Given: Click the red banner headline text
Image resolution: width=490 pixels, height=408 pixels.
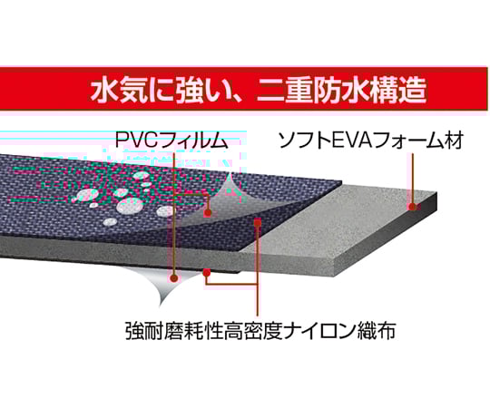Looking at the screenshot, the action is [259, 90].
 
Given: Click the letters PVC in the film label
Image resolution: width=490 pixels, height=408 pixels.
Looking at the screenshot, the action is [138, 140].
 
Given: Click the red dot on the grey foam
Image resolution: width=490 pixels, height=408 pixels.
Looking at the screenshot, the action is [412, 207].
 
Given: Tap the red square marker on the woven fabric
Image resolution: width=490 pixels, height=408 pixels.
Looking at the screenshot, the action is [258, 222].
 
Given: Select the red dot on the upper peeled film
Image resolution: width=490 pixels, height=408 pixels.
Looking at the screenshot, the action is [208, 213].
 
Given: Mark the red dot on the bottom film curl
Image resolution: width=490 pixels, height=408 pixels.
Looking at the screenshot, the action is [174, 277].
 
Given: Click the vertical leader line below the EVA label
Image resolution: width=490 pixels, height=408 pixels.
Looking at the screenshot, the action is [413, 179].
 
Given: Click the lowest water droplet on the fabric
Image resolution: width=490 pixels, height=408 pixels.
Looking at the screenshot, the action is [110, 222].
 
